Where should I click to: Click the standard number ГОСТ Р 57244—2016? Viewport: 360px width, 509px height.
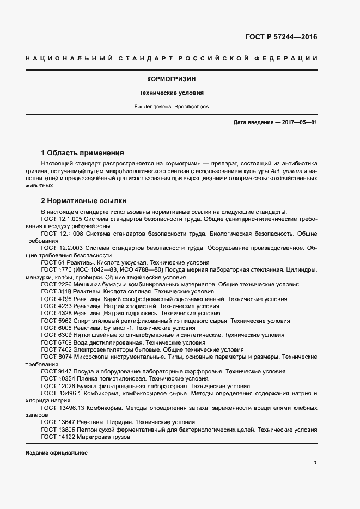coord(278,37)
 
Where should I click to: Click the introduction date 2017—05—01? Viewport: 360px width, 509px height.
coord(298,123)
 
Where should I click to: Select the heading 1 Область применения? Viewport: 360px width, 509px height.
coord(83,152)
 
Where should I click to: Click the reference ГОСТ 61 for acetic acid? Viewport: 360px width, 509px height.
coord(53,262)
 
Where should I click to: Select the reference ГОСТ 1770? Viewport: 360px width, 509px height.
coord(55,269)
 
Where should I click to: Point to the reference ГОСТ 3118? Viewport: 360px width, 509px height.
coord(55,291)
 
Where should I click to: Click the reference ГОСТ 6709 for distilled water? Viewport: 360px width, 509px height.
coord(55,343)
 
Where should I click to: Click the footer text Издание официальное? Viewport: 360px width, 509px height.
coord(56,453)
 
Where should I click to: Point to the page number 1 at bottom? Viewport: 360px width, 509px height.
coord(315,463)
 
